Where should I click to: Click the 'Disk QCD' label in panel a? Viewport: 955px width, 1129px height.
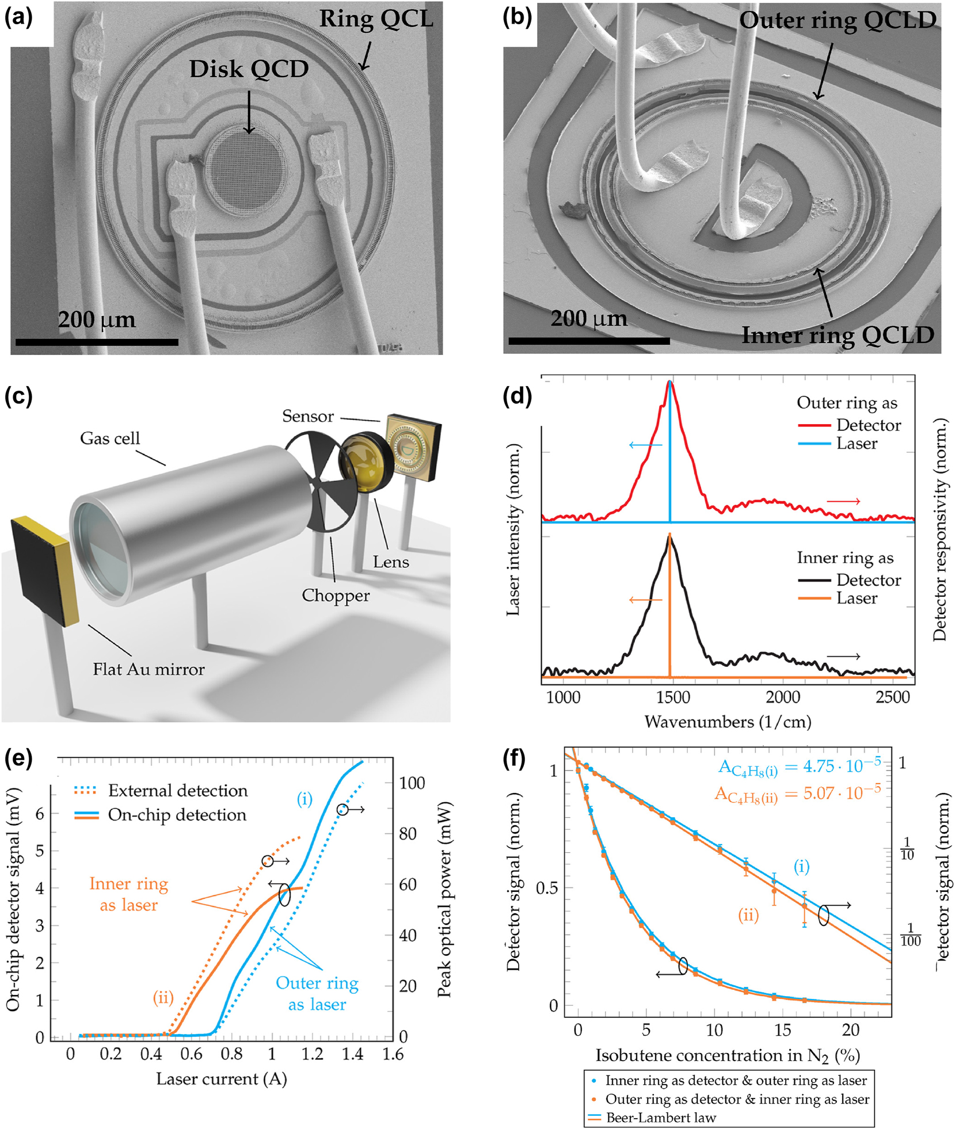coord(249,69)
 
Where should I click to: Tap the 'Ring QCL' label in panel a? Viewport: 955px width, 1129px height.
coord(376,19)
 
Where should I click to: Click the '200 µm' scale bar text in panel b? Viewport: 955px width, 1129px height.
coord(589,318)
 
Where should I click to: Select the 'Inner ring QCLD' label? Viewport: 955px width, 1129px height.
coord(838,335)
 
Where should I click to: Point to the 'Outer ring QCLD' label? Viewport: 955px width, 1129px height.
coord(838,21)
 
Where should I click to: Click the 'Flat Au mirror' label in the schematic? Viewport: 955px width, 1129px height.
coord(149,669)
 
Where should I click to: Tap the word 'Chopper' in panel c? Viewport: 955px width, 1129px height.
coord(336,595)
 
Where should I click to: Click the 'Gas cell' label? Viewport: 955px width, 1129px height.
coord(110,438)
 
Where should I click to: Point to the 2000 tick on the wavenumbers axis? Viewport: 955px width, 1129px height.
coord(782,697)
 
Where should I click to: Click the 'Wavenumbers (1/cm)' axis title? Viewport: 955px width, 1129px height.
coord(728,722)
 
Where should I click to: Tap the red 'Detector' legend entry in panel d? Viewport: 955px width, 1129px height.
coord(868,425)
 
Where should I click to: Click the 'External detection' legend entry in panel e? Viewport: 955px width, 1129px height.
coord(178,791)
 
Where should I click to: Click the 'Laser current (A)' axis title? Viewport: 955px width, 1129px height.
coord(222,1079)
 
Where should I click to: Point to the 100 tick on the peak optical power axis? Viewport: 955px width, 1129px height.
coord(412,783)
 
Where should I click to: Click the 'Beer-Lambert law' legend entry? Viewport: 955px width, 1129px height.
coord(661,1118)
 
